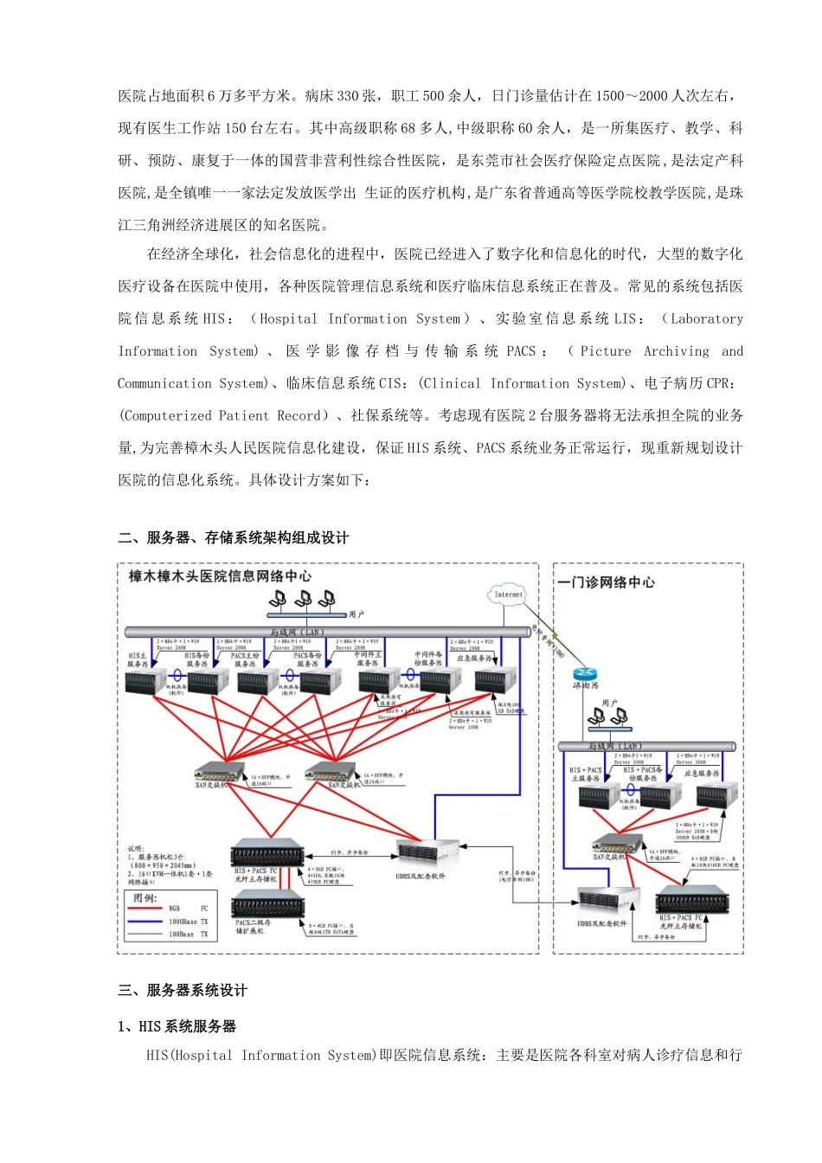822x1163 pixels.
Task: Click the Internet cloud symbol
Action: point(508,594)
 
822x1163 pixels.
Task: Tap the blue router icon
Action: point(586,674)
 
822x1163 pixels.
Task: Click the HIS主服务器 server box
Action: point(145,682)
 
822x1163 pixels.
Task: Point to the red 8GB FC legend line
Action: point(144,909)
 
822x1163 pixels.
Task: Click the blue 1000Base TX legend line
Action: point(144,922)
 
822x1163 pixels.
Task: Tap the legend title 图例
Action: point(144,897)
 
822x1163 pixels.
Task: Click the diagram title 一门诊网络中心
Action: point(607,582)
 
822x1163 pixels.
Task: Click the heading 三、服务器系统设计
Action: point(183,991)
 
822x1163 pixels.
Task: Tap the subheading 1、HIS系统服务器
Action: point(177,1026)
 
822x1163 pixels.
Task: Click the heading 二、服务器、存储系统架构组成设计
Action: point(233,538)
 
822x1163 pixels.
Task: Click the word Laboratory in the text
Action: point(707,319)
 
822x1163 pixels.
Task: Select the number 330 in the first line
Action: point(348,96)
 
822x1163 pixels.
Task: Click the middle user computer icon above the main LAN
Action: point(303,599)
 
